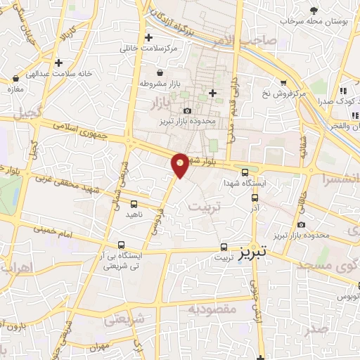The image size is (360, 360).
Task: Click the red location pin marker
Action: (x=181, y=165)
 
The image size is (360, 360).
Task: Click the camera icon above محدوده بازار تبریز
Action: (x=187, y=110)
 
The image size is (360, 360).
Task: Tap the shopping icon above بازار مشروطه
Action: (x=160, y=72)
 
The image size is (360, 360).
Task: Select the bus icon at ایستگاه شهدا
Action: (x=245, y=172)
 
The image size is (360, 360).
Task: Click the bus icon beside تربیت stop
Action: (x=224, y=247)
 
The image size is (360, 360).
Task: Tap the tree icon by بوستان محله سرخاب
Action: (x=314, y=11)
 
